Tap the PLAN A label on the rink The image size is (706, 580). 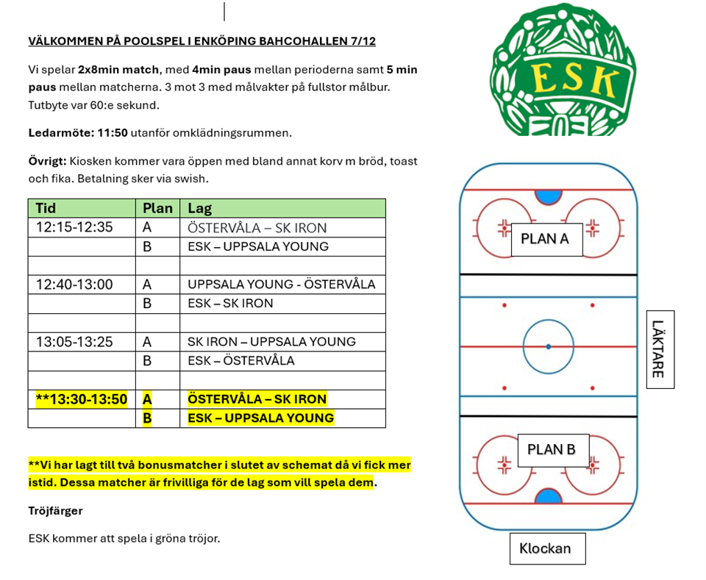click(545, 239)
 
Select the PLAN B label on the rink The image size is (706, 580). click(552, 450)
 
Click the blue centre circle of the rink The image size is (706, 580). click(549, 346)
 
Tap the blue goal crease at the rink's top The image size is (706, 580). click(547, 196)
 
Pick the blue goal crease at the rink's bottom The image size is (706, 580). click(547, 496)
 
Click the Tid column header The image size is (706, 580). click(46, 208)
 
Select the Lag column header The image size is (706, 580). click(200, 208)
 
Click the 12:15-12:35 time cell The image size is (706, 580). click(74, 227)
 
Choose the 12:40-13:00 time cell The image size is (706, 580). click(74, 284)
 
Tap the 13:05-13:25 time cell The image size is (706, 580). click(74, 342)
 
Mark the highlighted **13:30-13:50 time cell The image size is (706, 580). click(81, 399)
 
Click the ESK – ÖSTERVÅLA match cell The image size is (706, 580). click(241, 361)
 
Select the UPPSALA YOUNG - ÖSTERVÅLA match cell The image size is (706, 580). click(282, 284)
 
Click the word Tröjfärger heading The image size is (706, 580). click(55, 510)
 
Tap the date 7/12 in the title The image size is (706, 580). click(363, 41)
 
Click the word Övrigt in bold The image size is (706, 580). click(47, 161)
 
